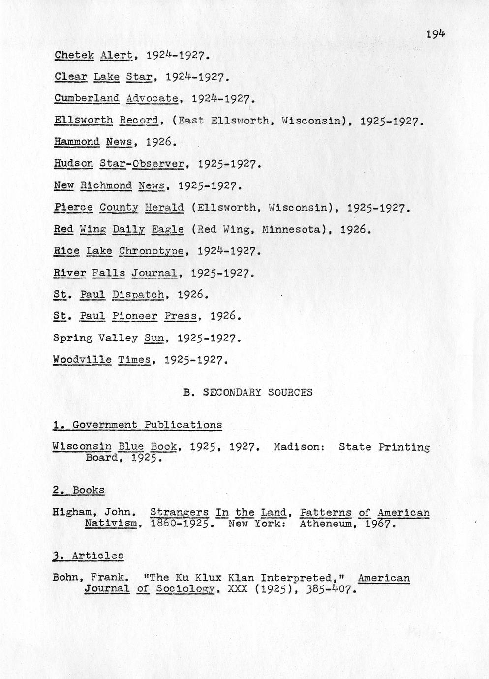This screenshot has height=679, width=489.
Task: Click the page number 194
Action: tap(435, 34)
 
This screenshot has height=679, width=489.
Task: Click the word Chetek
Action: tap(74, 55)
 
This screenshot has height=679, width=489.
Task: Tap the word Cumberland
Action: tap(87, 98)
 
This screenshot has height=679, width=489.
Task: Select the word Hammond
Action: tap(77, 142)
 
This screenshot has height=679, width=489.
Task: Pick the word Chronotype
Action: tap(152, 251)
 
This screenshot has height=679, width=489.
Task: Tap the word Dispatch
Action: tap(138, 295)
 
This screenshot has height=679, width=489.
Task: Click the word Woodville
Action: tap(82, 360)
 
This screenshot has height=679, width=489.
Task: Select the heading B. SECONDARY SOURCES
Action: tap(248, 393)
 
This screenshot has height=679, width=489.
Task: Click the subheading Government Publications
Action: tap(147, 425)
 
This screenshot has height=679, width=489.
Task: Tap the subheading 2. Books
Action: tap(79, 490)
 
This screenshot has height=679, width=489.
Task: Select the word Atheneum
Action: tap(325, 524)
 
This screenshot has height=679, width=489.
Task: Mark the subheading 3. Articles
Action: tap(88, 556)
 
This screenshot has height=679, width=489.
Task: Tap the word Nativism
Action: tap(110, 524)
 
